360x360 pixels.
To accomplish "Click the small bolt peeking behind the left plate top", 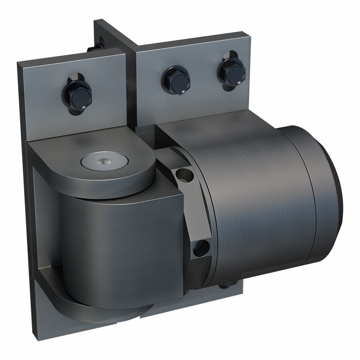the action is (91, 49).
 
